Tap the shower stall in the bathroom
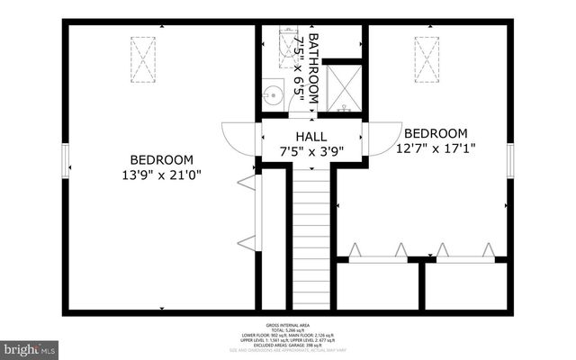(x=343, y=87)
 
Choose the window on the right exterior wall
(x=510, y=162)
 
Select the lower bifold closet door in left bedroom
(x=245, y=239)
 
